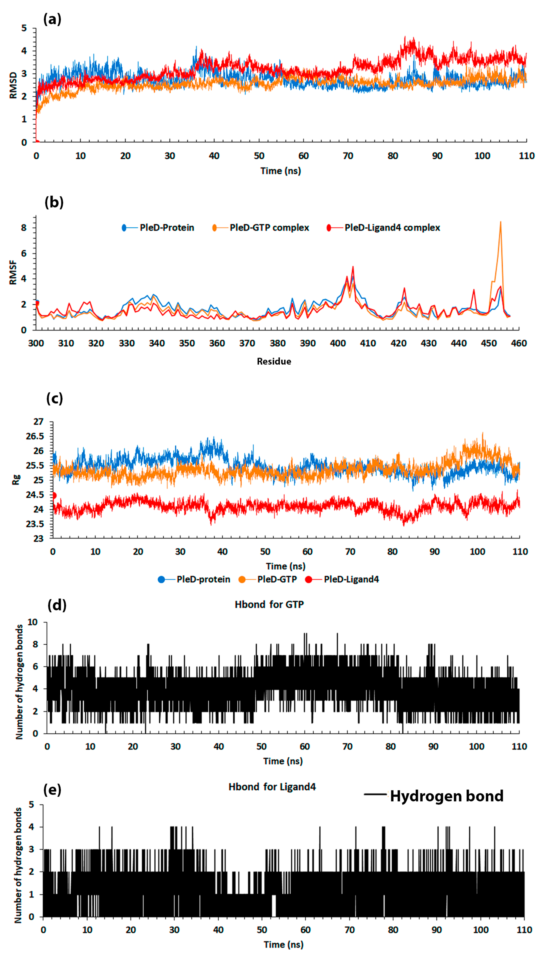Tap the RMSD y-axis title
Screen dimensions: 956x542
tap(13, 85)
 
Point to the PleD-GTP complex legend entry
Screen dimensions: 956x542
tap(269, 228)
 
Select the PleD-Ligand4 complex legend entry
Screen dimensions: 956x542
tap(392, 228)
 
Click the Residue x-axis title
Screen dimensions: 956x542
tap(274, 361)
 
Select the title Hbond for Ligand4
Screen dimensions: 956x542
tap(272, 787)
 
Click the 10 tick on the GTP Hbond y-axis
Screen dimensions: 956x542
tap(33, 622)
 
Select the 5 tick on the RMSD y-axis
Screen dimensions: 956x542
tap(24, 28)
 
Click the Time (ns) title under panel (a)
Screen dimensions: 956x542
tap(280, 171)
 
